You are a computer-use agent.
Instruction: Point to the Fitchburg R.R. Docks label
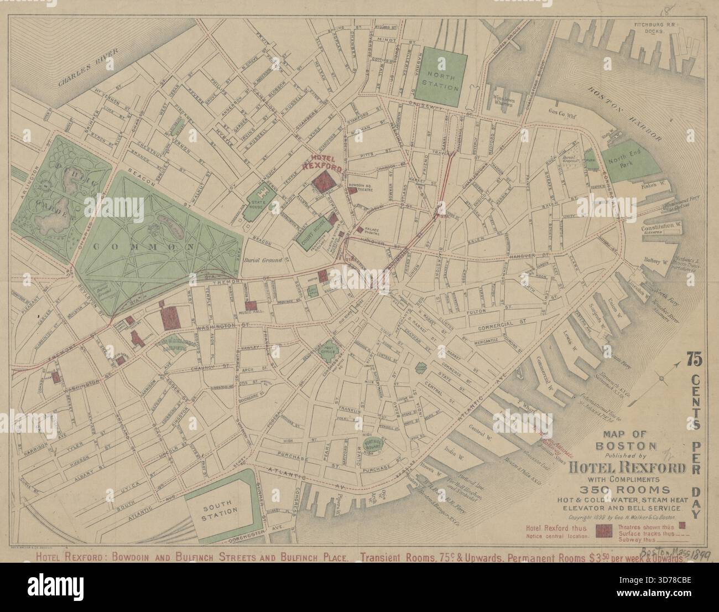[652, 43]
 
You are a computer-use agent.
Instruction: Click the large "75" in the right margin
[694, 360]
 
